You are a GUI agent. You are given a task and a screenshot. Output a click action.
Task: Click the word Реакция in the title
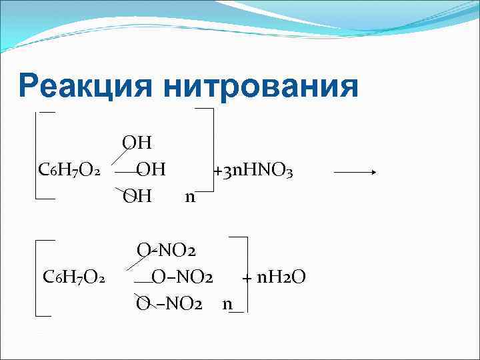click(87, 87)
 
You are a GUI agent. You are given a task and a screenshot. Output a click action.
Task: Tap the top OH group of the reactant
click(137, 143)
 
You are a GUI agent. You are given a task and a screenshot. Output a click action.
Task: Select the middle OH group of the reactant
click(151, 170)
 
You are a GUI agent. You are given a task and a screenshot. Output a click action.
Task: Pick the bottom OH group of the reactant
click(137, 196)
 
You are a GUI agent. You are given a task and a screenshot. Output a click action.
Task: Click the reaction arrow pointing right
click(355, 171)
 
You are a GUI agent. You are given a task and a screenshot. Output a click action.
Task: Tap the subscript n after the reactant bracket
click(190, 197)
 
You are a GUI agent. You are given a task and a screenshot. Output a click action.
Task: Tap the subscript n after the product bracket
click(227, 304)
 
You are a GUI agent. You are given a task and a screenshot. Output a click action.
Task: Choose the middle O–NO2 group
click(181, 277)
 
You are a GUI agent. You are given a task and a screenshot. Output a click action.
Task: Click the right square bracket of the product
click(245, 273)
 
